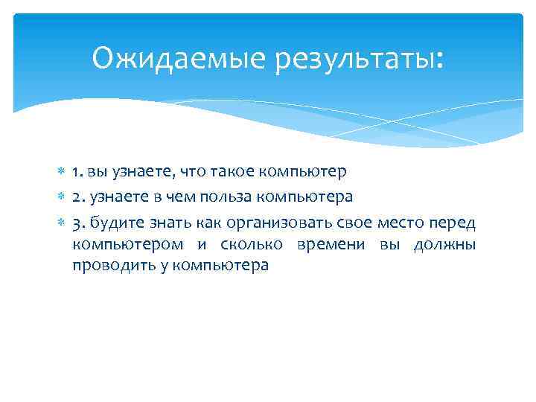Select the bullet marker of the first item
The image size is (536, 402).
[x=62, y=173]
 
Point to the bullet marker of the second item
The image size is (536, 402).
[x=62, y=197]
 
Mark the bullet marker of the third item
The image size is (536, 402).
[x=62, y=223]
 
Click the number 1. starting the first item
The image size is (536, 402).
[x=77, y=173]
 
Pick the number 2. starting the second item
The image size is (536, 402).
[x=78, y=197]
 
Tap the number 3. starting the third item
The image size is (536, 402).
[x=78, y=223]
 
